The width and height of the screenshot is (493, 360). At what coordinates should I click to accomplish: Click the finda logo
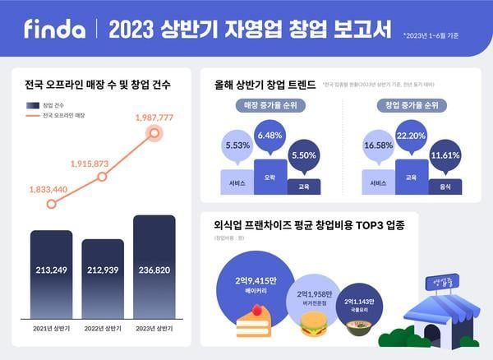(54, 30)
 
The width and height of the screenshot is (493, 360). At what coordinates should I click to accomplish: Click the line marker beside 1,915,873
(102, 177)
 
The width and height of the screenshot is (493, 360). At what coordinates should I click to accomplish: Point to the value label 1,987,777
(154, 118)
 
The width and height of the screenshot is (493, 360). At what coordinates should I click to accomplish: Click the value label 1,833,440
(49, 190)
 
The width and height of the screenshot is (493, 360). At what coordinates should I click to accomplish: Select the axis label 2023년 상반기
(154, 328)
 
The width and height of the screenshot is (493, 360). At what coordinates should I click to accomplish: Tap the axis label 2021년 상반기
(51, 328)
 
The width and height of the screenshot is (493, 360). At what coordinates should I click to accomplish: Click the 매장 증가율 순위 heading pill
(271, 106)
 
